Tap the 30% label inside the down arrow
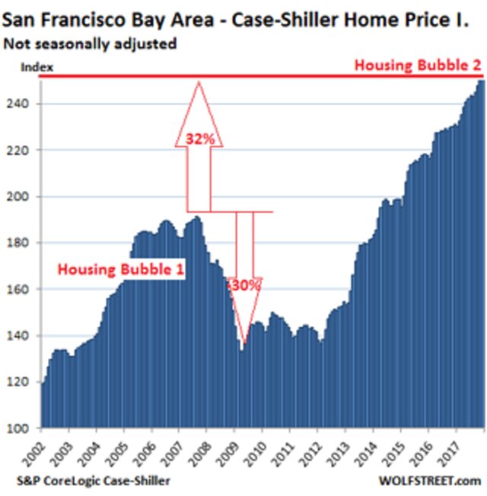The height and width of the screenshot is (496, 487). coord(247,287)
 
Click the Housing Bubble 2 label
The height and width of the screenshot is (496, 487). coord(418,66)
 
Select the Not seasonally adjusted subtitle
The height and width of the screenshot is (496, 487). coord(90,44)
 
